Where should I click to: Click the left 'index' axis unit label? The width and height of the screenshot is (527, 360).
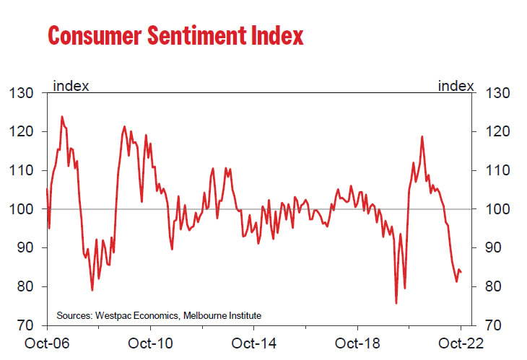71,86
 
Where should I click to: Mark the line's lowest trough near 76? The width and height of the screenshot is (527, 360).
396,303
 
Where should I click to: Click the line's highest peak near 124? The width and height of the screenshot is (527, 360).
61,116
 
